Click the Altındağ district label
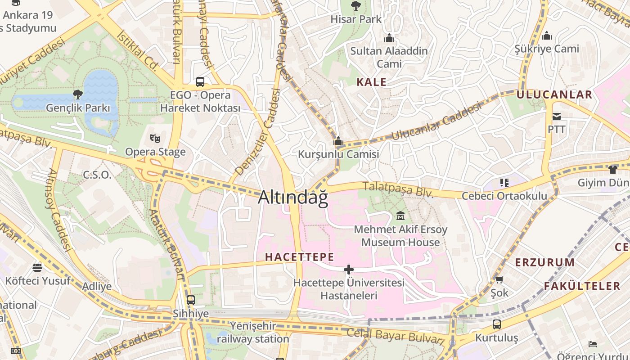[x=293, y=198]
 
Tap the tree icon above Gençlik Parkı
[x=78, y=94]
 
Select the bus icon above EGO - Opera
[x=200, y=82]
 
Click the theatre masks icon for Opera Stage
[x=155, y=138]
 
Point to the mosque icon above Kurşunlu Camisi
[x=338, y=141]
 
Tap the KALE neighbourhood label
[x=371, y=82]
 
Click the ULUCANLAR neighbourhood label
[x=554, y=94]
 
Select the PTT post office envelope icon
[x=557, y=117]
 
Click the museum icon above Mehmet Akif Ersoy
[x=400, y=216]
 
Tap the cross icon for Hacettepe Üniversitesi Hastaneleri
[x=349, y=270]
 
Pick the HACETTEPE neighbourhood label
[x=300, y=257]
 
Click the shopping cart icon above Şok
[x=499, y=279]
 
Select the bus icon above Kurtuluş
[x=497, y=324]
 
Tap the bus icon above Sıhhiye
[x=191, y=300]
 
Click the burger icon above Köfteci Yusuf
[x=37, y=268]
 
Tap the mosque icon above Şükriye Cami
[x=547, y=36]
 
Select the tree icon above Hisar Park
[x=356, y=6]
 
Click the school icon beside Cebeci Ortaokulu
[x=504, y=183]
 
